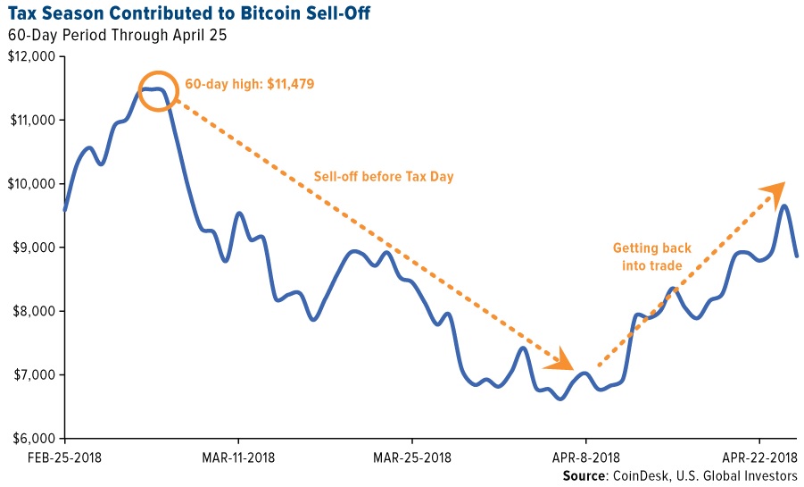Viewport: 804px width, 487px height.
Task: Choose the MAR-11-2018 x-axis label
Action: click(x=238, y=458)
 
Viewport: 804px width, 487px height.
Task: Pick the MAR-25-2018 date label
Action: click(x=411, y=458)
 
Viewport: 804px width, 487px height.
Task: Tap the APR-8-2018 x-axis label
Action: click(x=585, y=458)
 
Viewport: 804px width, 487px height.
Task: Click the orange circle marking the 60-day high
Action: click(x=158, y=90)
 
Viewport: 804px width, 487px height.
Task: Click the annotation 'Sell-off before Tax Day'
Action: click(x=384, y=177)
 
